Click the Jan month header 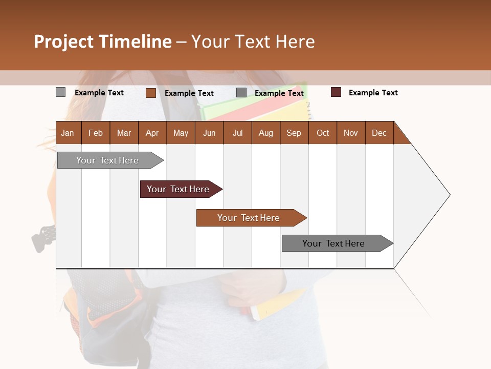(68, 133)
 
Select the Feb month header (96, 133)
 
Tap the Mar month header (124, 133)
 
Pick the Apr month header (152, 133)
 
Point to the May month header (181, 133)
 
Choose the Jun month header (209, 133)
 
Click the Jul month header (237, 133)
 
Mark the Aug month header (266, 133)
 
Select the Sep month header (294, 133)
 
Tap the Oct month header (323, 133)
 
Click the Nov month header (351, 133)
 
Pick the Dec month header (380, 133)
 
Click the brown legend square (150, 93)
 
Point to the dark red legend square (336, 92)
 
